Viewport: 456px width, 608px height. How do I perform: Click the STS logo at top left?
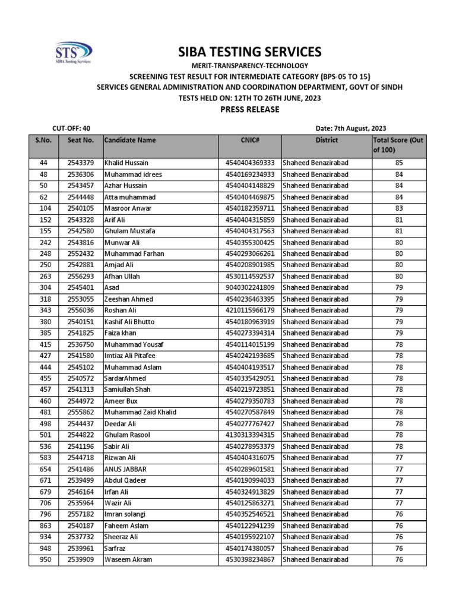[73, 52]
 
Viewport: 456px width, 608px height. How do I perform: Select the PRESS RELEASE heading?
[249, 110]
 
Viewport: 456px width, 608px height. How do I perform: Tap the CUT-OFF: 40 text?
[71, 128]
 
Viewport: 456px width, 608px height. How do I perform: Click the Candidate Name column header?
[130, 140]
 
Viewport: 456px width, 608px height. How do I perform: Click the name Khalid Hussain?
[126, 163]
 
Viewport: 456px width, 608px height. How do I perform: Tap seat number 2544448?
[81, 197]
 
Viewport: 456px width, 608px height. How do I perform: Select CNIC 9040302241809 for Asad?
[250, 288]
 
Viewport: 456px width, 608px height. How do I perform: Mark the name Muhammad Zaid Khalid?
[140, 413]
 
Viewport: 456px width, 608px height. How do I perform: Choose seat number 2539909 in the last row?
[81, 560]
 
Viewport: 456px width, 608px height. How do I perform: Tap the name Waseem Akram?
[128, 560]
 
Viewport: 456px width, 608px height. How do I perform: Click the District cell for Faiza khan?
[315, 333]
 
